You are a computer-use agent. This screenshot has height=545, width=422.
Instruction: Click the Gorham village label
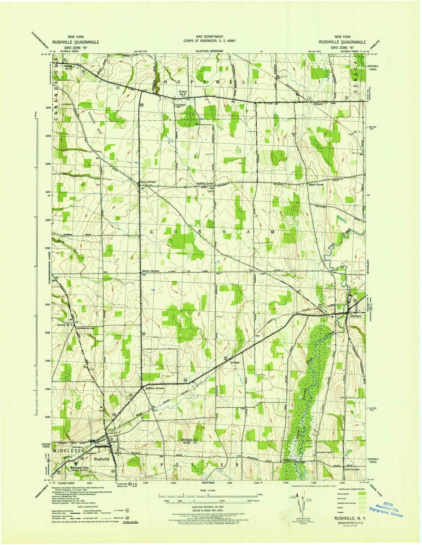click(x=355, y=316)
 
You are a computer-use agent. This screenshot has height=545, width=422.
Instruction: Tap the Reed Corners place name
click(x=148, y=182)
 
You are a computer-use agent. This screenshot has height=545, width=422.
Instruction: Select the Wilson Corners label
click(x=150, y=271)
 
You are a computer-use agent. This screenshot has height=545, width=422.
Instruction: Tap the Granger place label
click(x=235, y=362)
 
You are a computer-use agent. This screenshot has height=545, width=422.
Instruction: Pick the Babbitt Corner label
click(x=205, y=184)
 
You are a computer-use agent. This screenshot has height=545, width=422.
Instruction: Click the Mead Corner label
click(x=316, y=184)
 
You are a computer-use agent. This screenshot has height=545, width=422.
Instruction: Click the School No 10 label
click(x=69, y=67)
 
